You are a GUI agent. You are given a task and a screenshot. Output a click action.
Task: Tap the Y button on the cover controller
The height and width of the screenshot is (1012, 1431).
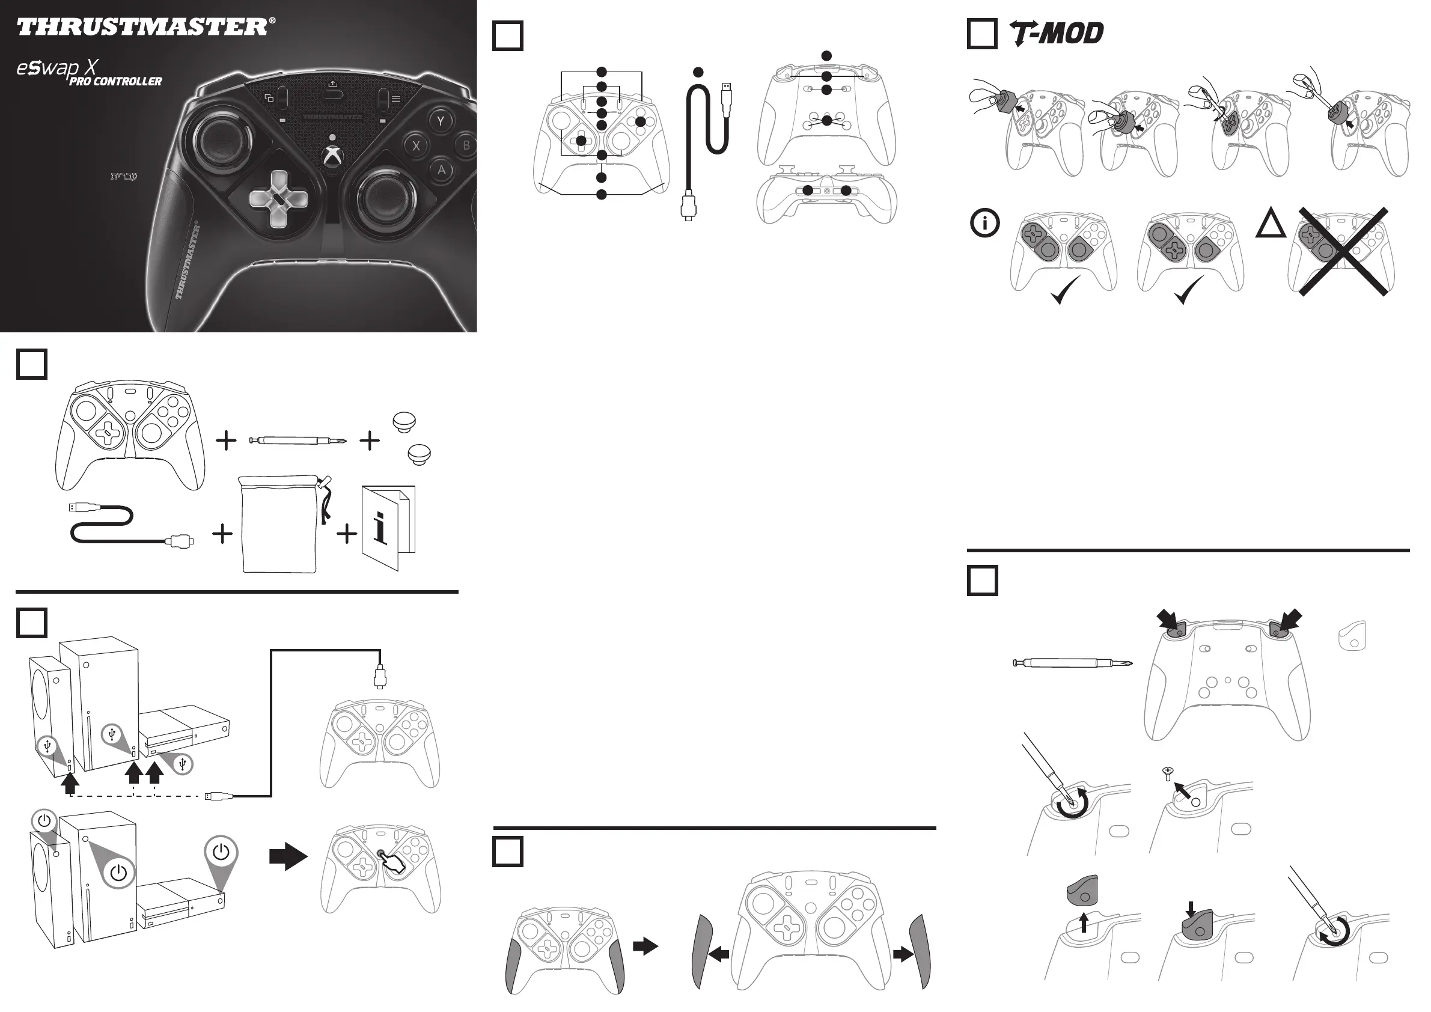point(441,120)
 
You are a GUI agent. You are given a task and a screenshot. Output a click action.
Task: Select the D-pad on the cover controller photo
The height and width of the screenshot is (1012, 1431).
point(278,199)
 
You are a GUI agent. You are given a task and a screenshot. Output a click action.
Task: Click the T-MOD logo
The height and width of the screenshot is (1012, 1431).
point(1057,33)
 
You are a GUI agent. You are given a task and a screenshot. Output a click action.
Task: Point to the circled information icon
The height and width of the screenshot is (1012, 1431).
point(984,223)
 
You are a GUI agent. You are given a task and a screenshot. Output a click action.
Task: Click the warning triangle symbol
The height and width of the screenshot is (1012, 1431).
point(1271,224)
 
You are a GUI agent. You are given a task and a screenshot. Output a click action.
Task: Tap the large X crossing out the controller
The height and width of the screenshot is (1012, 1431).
point(1343,251)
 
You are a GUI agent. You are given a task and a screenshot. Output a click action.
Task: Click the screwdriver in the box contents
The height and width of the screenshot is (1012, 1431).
point(298,440)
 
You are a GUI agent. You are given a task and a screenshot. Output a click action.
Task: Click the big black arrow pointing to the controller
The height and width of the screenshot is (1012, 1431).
point(288,857)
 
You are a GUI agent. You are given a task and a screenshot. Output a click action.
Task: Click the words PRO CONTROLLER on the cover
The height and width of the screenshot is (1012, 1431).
point(115,82)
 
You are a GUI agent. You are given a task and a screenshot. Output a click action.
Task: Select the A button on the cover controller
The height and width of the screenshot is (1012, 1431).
point(441,169)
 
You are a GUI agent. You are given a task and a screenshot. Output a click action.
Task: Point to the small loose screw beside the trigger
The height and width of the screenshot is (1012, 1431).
point(1168,773)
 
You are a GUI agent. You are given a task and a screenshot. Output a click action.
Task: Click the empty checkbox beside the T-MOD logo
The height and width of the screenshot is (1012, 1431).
point(981,34)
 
